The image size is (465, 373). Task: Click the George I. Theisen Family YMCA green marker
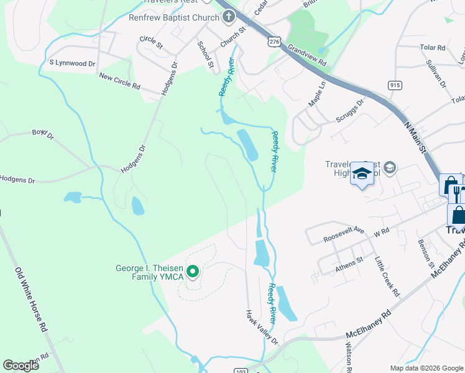coord(193,271)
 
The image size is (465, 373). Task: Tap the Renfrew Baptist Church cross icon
coord(228,18)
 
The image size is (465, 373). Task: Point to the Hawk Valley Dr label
coord(261,327)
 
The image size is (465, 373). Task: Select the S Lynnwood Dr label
coord(72,63)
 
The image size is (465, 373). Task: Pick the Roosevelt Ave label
coord(343,234)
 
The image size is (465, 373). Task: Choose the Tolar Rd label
coord(433,47)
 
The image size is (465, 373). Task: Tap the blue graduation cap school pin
coord(361,173)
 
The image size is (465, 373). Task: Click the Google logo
coord(21,365)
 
